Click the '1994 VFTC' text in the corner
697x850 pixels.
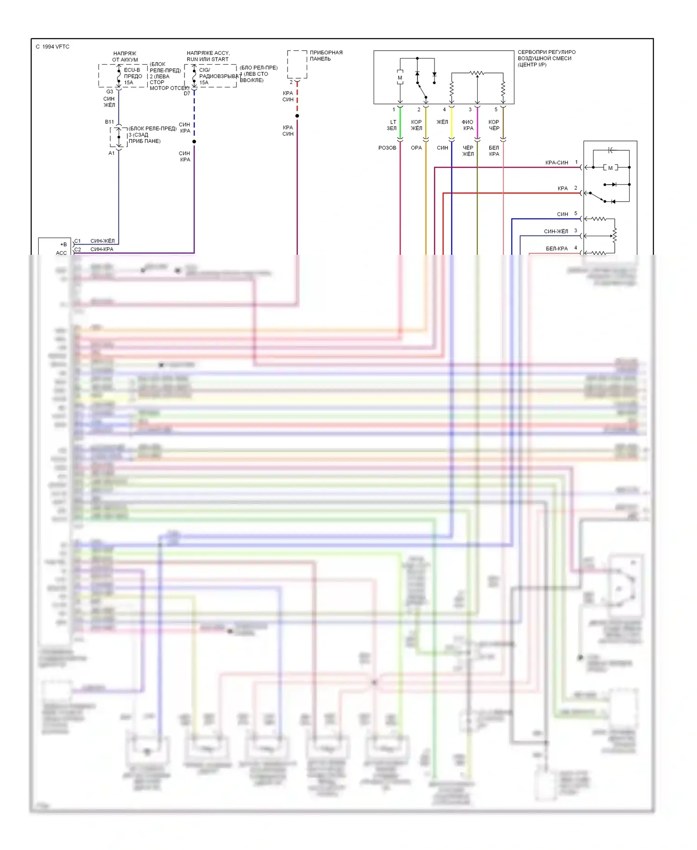55,46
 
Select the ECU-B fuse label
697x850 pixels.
132,70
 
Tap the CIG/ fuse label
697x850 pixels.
204,70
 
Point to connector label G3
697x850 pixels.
110,92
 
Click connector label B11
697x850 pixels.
109,122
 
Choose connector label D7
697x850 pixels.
187,93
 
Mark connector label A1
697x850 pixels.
112,153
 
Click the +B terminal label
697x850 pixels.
63,244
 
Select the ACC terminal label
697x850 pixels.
61,253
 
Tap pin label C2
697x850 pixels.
78,250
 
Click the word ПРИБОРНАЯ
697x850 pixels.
326,53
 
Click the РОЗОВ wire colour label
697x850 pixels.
387,148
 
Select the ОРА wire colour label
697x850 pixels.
416,148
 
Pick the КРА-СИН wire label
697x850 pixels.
557,163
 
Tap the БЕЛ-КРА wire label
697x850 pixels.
557,249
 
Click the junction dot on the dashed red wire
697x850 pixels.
297,116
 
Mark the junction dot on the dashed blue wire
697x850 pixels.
194,141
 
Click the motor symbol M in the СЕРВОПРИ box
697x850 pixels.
400,78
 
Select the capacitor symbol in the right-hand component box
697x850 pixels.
611,150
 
